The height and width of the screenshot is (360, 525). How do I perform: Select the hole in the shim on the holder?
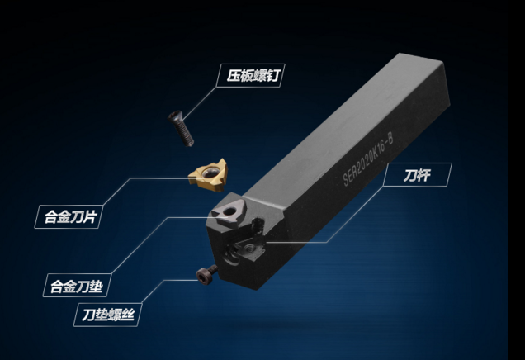click(x=226, y=212)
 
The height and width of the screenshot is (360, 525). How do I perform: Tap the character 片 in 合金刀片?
click(x=98, y=218)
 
